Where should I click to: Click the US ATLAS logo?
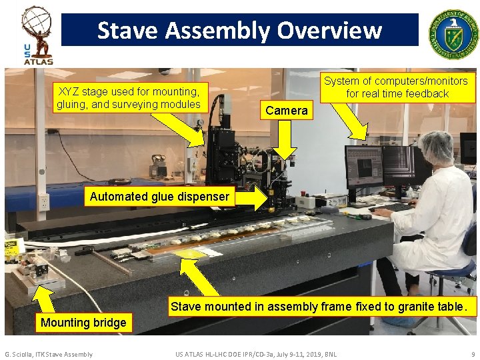pos(37,35)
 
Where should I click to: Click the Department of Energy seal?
pos(453,32)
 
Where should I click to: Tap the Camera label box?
pos(287,111)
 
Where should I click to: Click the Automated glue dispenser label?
pos(159,197)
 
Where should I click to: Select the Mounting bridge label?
pos(83,323)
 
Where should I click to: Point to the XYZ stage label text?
pos(129,98)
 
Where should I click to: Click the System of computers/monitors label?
pos(397,87)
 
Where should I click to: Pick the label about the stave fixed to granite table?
pos(323,307)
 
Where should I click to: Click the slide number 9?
pos(473,354)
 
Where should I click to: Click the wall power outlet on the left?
pos(44,202)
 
